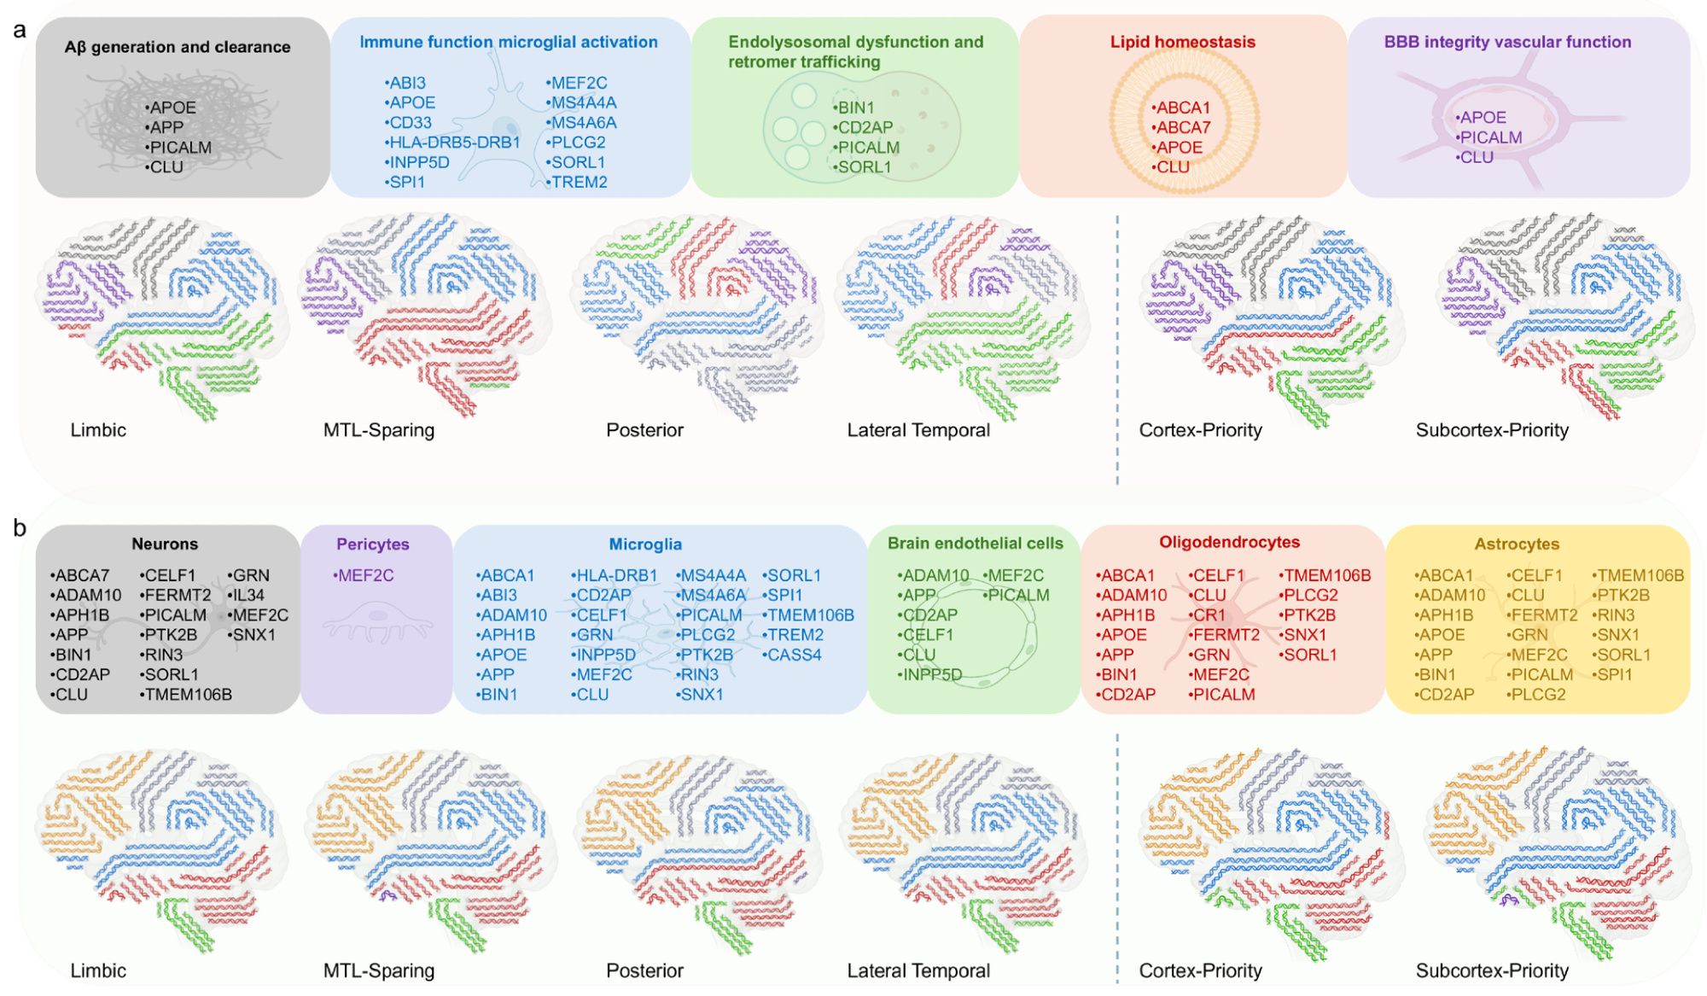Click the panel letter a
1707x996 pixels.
point(20,31)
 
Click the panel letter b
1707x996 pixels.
point(20,528)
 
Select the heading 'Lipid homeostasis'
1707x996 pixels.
point(1182,42)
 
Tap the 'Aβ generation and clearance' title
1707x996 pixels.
point(178,47)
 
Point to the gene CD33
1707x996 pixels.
point(409,123)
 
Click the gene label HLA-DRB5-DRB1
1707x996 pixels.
point(453,143)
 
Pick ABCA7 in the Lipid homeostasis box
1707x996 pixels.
point(1182,128)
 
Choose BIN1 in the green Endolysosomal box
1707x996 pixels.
point(854,108)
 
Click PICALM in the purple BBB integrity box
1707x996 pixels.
point(1489,137)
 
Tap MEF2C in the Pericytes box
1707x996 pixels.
point(364,576)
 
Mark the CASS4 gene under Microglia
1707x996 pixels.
point(793,655)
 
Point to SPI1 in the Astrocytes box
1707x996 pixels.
point(1613,675)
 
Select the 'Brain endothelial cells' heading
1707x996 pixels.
point(975,544)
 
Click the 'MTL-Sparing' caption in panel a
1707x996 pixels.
point(379,430)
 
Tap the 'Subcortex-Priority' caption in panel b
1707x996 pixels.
point(1492,971)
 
